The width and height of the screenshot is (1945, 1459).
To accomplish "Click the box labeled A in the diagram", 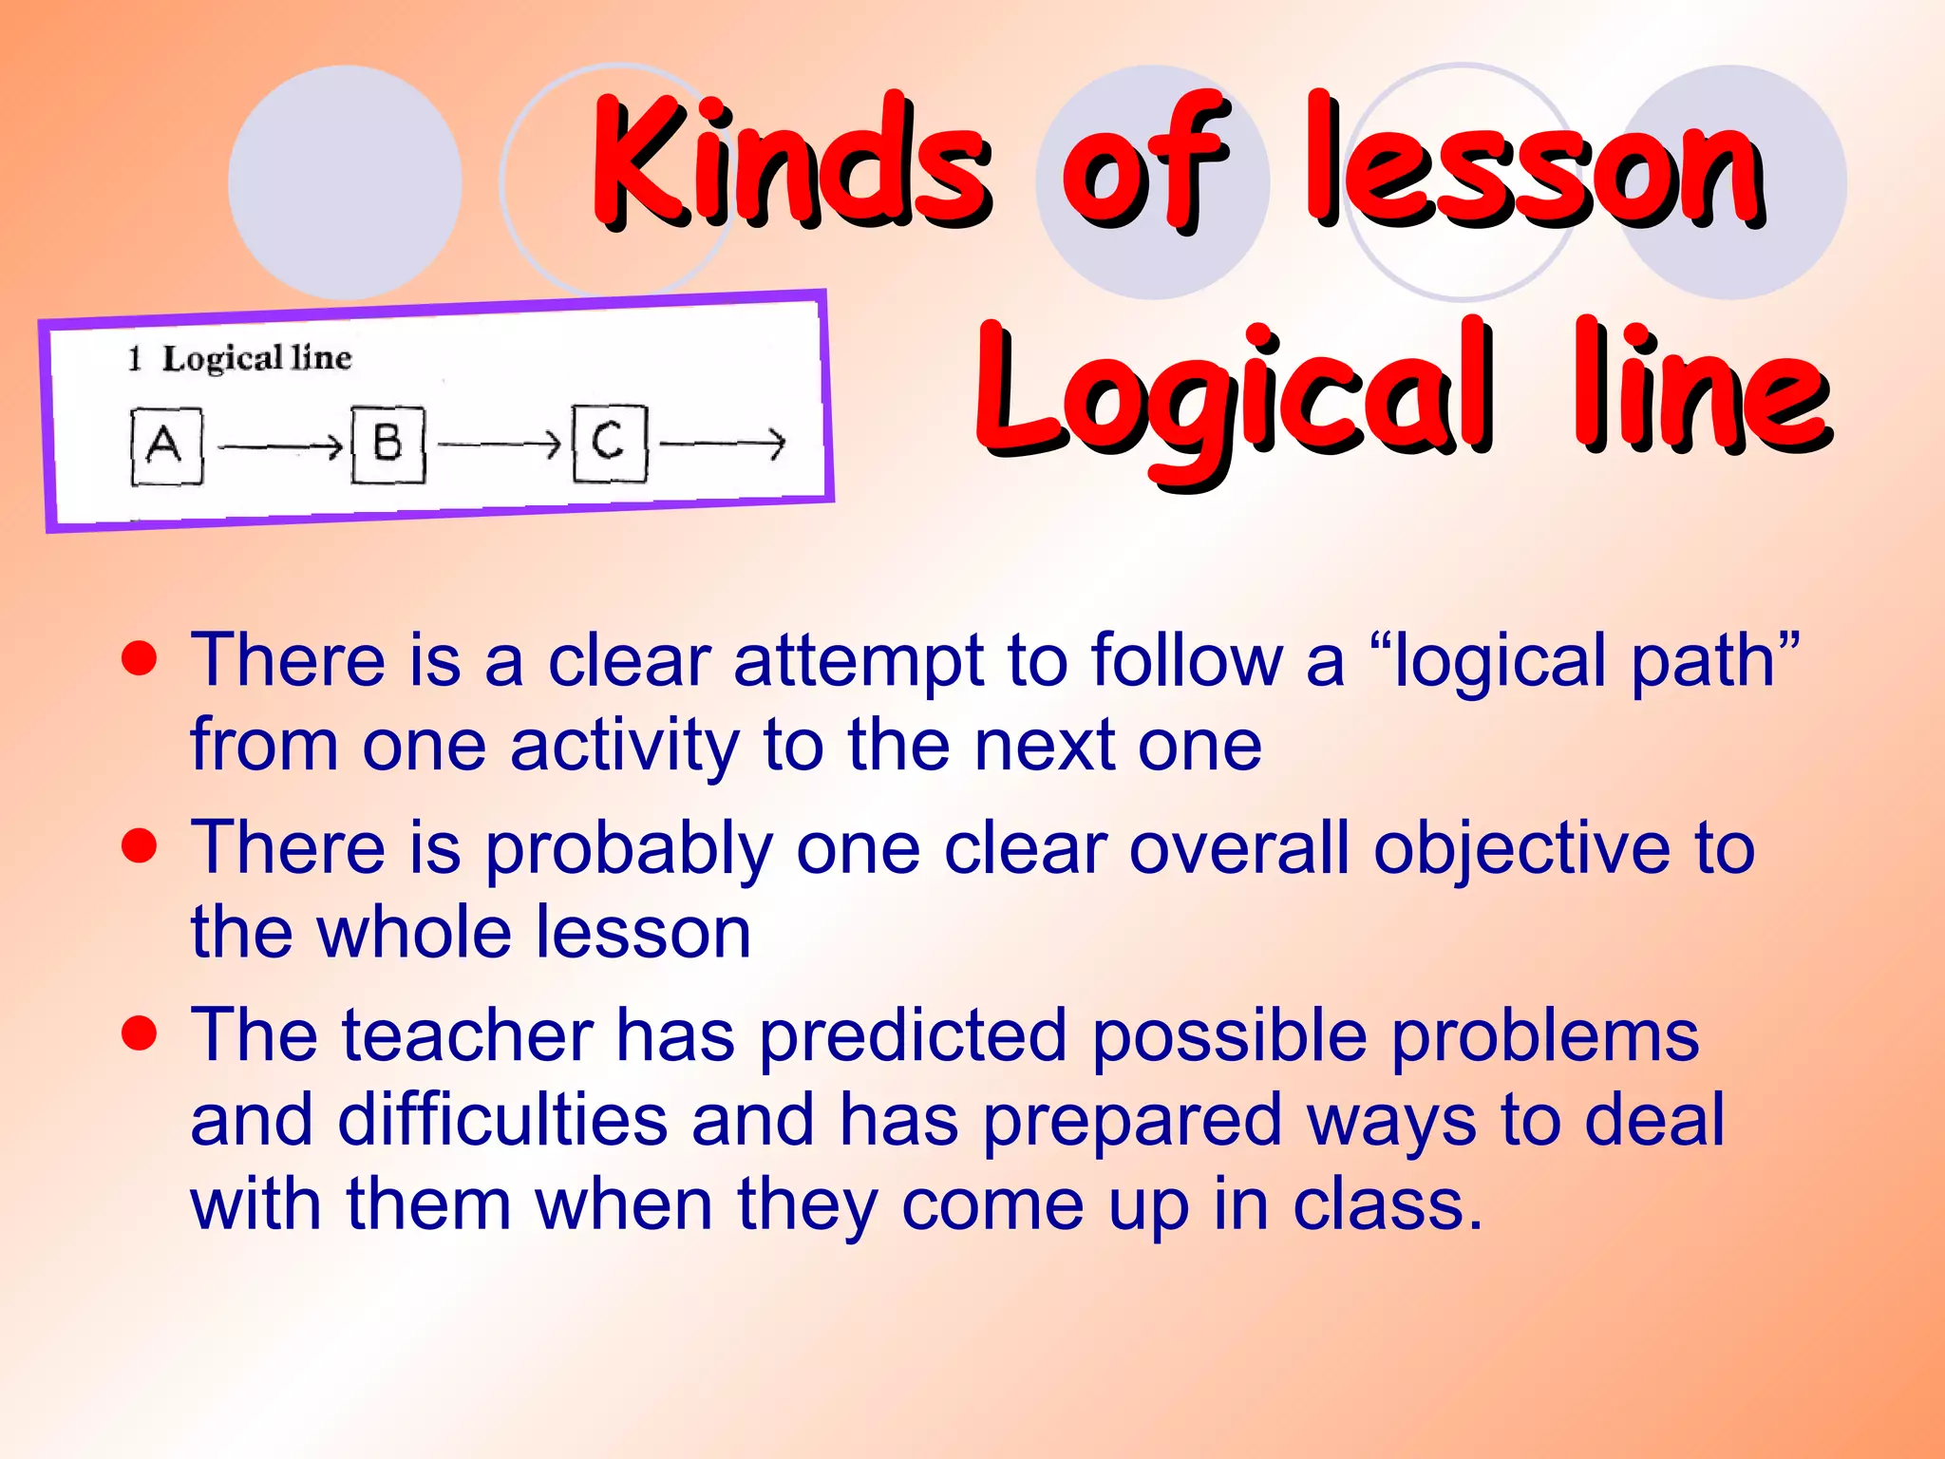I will [166, 446].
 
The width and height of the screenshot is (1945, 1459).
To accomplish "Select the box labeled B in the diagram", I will [387, 445].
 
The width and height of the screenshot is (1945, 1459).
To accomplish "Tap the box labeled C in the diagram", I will [610, 443].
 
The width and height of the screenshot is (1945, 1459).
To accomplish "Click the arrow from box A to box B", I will [279, 446].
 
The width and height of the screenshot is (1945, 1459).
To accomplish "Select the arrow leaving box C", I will [722, 443].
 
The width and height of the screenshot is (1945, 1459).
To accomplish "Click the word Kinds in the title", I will [790, 161].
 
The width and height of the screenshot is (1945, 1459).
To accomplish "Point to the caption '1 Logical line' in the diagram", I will [240, 358].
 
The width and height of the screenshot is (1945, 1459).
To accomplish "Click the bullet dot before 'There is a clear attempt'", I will [139, 658].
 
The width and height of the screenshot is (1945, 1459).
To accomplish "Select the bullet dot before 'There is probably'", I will [139, 844].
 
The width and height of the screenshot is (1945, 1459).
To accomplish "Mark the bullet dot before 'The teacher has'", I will [139, 1033].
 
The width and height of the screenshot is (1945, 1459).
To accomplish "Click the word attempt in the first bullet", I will [859, 660].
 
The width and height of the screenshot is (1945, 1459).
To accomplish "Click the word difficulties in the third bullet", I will [502, 1120].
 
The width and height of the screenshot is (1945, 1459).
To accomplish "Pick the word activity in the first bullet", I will [624, 746].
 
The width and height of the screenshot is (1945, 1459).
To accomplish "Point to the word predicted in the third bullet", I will [913, 1035].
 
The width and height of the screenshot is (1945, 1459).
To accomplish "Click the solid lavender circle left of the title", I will [345, 182].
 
